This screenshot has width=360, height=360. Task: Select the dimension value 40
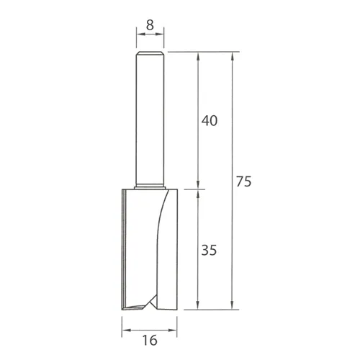pos(209,121)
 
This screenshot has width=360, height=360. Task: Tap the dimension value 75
pos(243,183)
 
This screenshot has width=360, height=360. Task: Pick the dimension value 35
pos(209,251)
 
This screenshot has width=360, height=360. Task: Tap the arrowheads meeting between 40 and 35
pos(199,189)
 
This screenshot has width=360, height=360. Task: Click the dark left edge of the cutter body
pos(125,245)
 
